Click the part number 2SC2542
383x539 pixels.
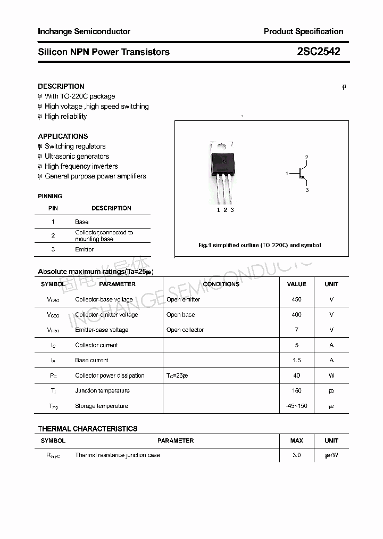319,52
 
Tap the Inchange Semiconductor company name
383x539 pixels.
84,31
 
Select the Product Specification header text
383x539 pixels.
303,31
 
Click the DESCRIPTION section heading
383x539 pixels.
61,86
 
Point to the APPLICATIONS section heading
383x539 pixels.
63,136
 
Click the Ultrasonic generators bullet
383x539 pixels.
77,157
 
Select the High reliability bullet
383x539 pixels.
65,117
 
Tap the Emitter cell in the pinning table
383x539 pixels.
84,249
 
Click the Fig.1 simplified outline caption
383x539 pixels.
260,246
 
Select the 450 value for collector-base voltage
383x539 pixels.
296,299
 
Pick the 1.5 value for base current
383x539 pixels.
296,361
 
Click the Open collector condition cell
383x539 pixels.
185,330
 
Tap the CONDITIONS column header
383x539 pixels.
221,284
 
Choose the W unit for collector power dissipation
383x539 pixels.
331,375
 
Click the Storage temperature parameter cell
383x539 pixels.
102,406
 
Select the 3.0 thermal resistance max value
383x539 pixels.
296,455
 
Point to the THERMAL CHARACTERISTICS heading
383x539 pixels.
88,429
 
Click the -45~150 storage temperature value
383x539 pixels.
296,406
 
